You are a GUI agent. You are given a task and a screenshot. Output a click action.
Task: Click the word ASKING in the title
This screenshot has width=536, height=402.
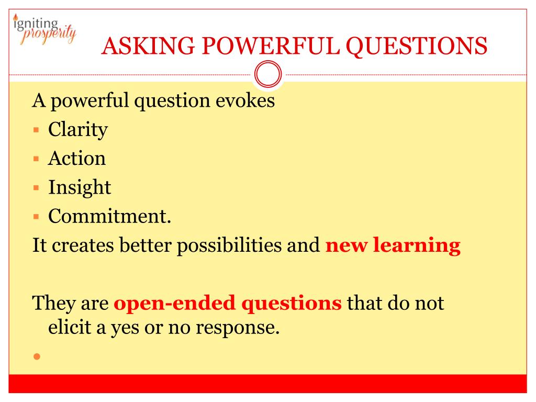click(x=148, y=46)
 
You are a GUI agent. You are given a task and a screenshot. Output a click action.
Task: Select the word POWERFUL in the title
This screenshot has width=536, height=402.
click(x=271, y=46)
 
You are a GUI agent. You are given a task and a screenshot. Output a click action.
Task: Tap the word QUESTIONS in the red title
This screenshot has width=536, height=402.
click(x=416, y=47)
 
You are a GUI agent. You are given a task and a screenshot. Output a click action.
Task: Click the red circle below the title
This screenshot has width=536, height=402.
click(x=268, y=74)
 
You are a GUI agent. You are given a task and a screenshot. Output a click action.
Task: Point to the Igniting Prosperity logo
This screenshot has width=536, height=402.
click(x=44, y=29)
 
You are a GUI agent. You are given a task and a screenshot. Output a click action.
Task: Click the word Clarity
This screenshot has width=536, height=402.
click(x=78, y=130)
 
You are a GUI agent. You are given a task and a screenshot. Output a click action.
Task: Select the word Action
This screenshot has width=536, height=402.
click(x=77, y=158)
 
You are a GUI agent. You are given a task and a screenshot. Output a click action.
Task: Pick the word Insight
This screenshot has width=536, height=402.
click(x=80, y=188)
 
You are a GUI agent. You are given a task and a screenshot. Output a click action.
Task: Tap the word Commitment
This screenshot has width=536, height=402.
click(x=109, y=216)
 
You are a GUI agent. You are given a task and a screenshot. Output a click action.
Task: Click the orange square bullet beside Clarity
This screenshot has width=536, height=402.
click(x=36, y=130)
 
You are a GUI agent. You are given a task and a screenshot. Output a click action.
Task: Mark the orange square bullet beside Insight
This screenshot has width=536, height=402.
click(x=36, y=188)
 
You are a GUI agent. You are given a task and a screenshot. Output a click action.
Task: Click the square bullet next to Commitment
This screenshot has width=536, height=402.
click(x=36, y=216)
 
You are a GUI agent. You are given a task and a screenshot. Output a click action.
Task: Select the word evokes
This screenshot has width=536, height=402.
click(x=245, y=100)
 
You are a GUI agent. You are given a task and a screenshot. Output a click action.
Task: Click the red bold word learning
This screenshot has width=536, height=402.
click(x=417, y=246)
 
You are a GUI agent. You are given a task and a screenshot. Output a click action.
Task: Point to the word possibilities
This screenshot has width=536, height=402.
click(x=229, y=246)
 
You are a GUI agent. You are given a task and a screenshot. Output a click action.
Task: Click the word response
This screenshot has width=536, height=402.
click(x=238, y=328)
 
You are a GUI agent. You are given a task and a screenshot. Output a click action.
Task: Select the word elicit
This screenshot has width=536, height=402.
click(x=70, y=327)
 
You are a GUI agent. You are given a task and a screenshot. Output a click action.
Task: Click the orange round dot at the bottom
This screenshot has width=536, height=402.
click(x=37, y=356)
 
